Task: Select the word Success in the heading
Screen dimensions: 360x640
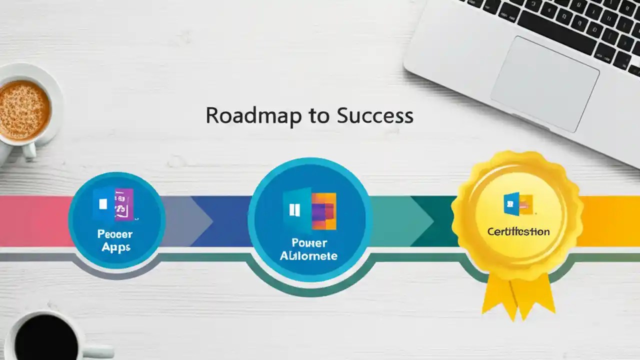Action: (x=375, y=116)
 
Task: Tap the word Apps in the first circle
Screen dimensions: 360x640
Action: (x=115, y=247)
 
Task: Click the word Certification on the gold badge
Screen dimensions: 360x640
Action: (x=518, y=232)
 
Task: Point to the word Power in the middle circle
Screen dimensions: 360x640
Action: (x=309, y=243)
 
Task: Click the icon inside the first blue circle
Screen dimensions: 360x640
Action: (x=114, y=204)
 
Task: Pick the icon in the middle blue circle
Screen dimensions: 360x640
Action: (x=309, y=210)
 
